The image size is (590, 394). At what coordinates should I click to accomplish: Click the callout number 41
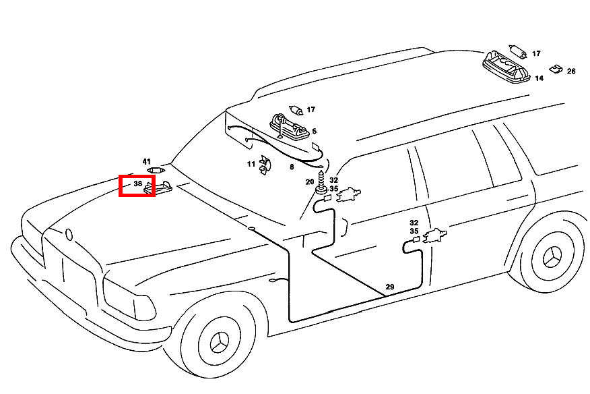[x=146, y=162]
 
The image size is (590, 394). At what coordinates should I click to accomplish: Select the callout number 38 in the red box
[x=137, y=184]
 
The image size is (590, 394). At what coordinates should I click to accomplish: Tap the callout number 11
[x=251, y=164]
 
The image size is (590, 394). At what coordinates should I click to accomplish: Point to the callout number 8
[x=292, y=167]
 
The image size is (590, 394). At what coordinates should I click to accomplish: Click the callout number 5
[x=314, y=131]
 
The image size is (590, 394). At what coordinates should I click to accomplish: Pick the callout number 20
[x=310, y=182]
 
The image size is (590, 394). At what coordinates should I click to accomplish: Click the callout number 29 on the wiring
[x=390, y=287]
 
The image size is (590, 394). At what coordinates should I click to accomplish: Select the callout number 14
[x=539, y=78]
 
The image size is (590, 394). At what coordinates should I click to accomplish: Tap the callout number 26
[x=571, y=72]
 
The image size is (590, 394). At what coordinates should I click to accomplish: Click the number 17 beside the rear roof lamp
[x=536, y=54]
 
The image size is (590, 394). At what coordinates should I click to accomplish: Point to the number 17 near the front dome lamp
[x=310, y=110]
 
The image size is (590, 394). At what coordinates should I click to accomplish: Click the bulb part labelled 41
[x=156, y=171]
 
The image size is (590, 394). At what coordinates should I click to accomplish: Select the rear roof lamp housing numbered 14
[x=506, y=67]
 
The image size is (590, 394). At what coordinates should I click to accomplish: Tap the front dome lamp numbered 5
[x=290, y=127]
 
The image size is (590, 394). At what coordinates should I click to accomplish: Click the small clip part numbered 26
[x=556, y=69]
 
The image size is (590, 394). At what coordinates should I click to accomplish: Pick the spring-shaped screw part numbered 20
[x=321, y=182]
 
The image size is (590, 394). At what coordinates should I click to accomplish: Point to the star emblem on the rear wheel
[x=552, y=257]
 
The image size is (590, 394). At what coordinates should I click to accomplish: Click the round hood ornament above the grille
[x=69, y=235]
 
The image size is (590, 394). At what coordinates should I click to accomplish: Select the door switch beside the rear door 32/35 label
[x=435, y=235]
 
